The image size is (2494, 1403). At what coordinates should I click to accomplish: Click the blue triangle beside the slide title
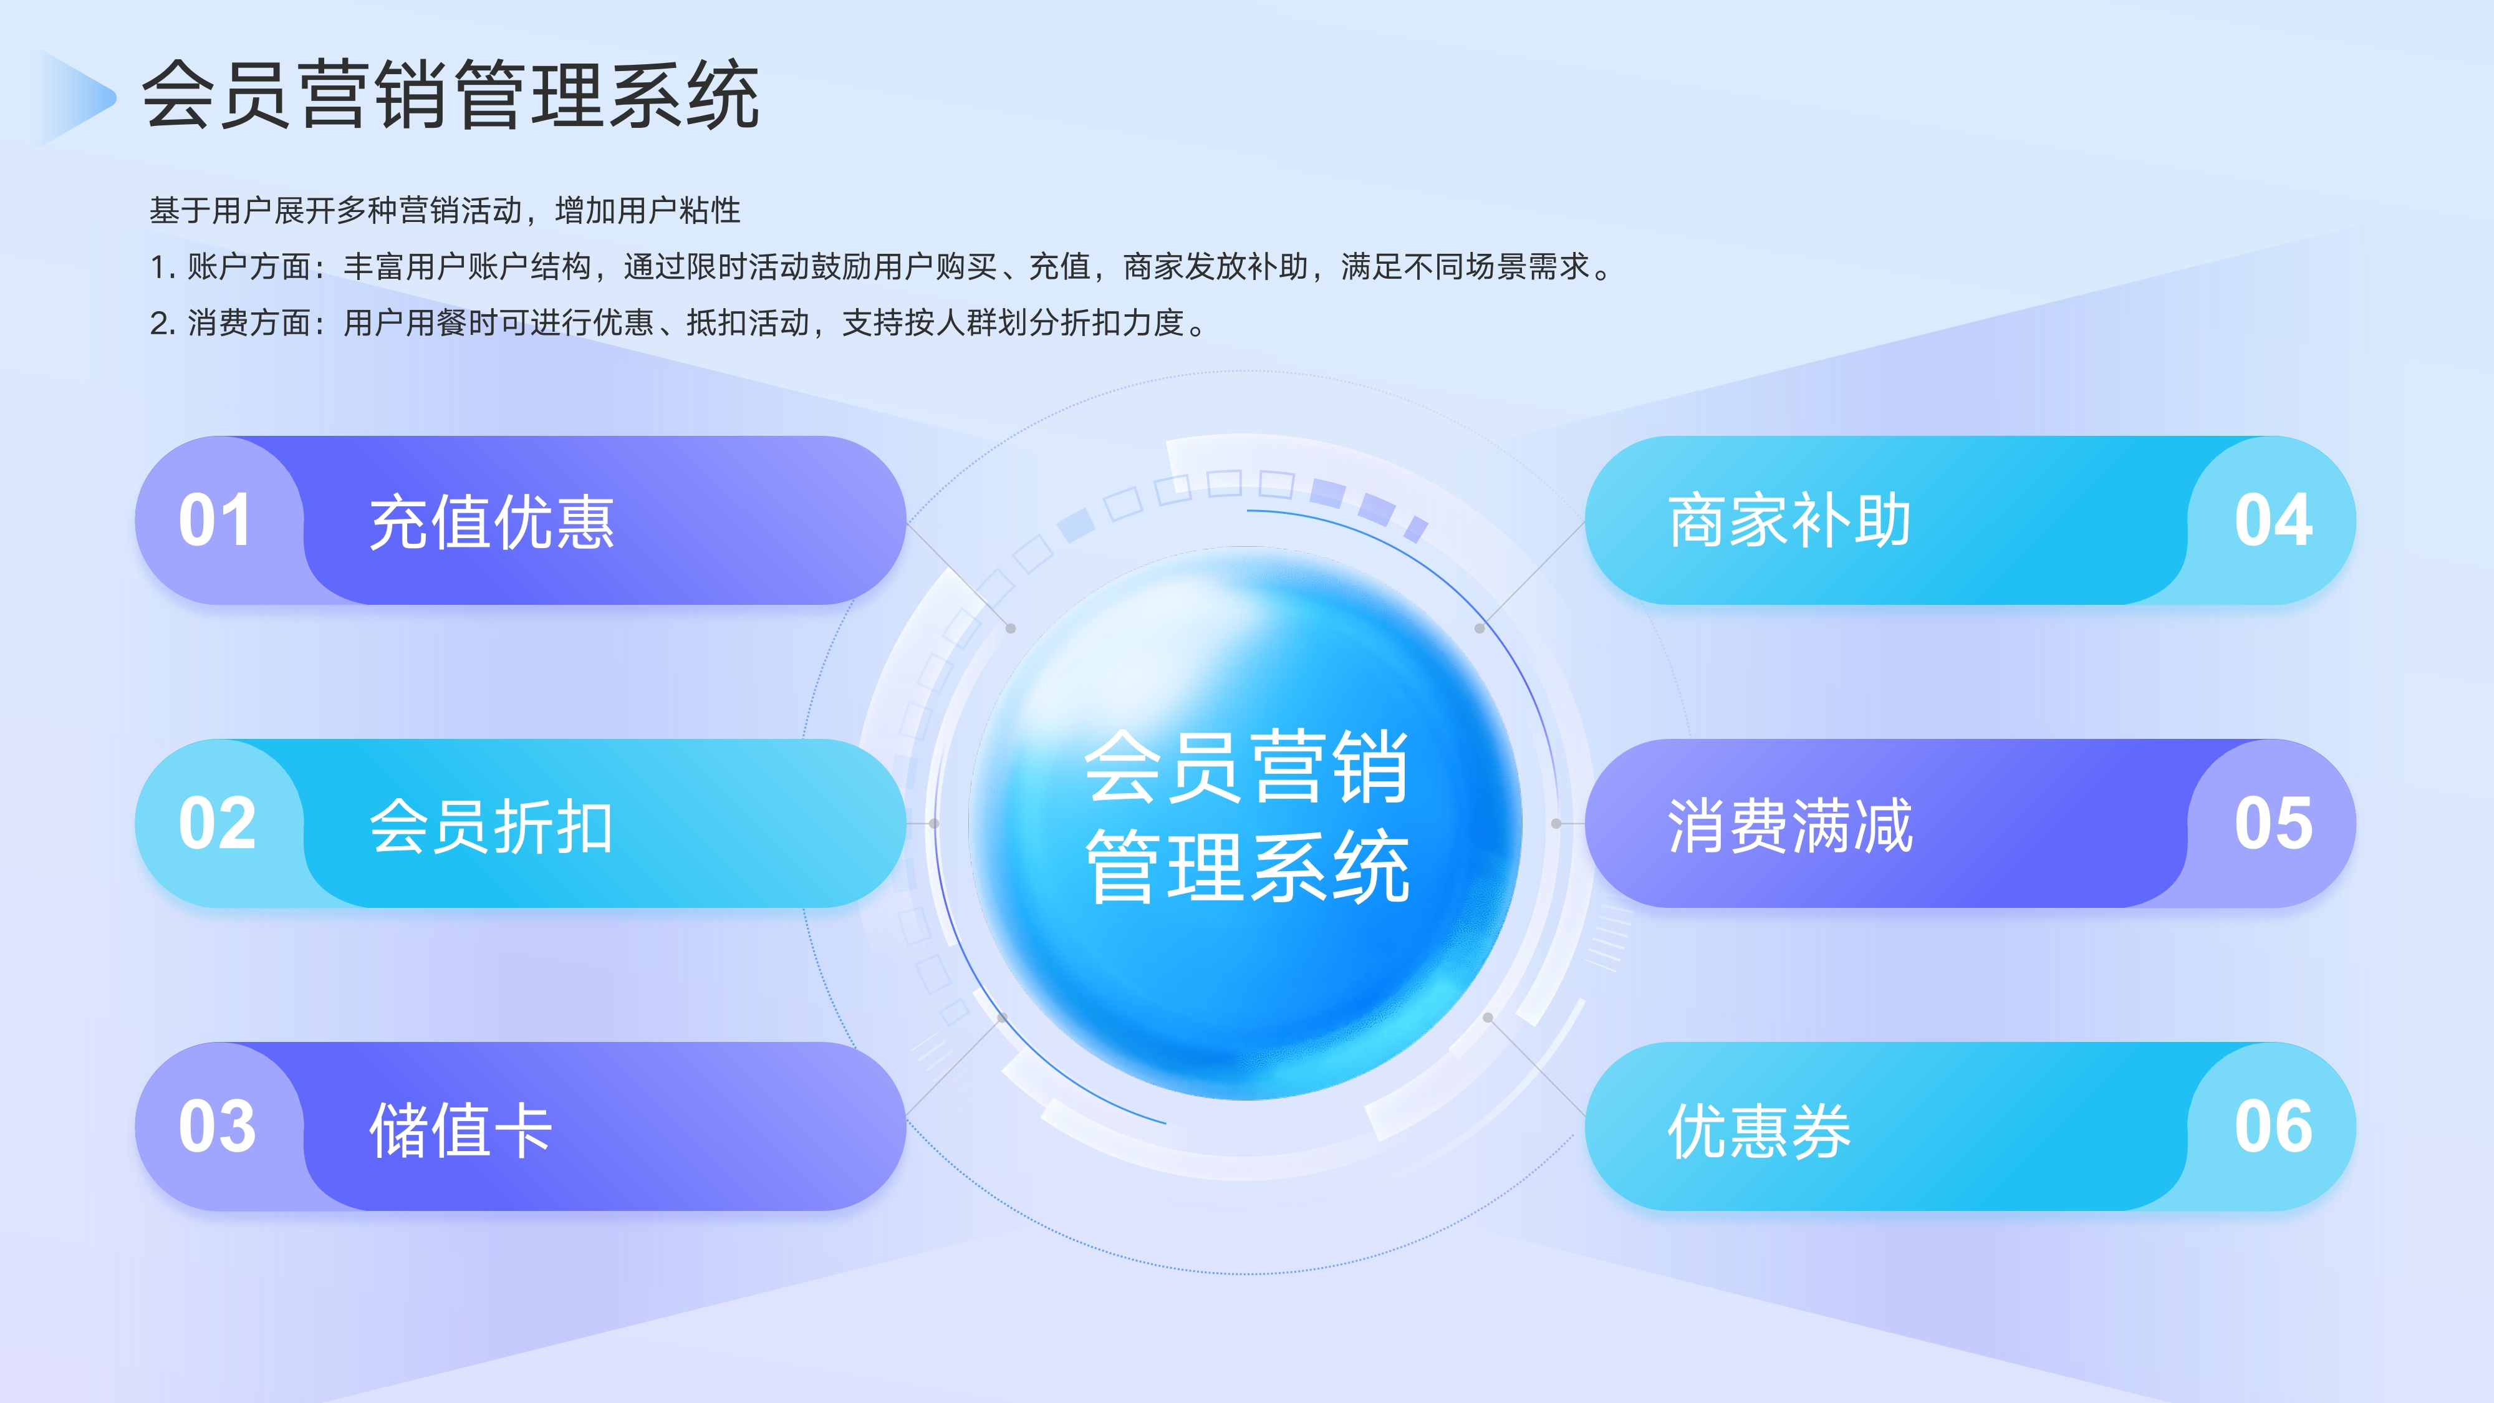(x=72, y=97)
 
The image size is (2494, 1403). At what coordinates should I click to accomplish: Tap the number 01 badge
(x=215, y=521)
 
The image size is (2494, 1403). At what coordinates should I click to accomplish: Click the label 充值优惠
(x=492, y=523)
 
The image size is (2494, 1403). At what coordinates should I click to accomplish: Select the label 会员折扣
(x=492, y=826)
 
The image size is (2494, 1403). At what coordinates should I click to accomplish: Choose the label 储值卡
(x=461, y=1129)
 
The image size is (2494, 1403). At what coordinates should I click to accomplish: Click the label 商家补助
(x=1789, y=521)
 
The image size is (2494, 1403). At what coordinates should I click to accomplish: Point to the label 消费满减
(x=1789, y=826)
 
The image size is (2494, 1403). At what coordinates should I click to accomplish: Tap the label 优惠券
(x=1758, y=1129)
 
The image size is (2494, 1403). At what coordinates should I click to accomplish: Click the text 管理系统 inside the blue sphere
(x=1247, y=867)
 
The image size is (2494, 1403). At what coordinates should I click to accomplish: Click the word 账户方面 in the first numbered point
(x=249, y=266)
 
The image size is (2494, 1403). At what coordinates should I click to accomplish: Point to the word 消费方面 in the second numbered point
(x=249, y=322)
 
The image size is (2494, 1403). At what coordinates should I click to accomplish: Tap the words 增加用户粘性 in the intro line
(x=648, y=210)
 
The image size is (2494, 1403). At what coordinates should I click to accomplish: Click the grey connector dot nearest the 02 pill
(x=934, y=824)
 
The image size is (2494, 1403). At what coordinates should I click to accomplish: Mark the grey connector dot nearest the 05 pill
(x=1556, y=824)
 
